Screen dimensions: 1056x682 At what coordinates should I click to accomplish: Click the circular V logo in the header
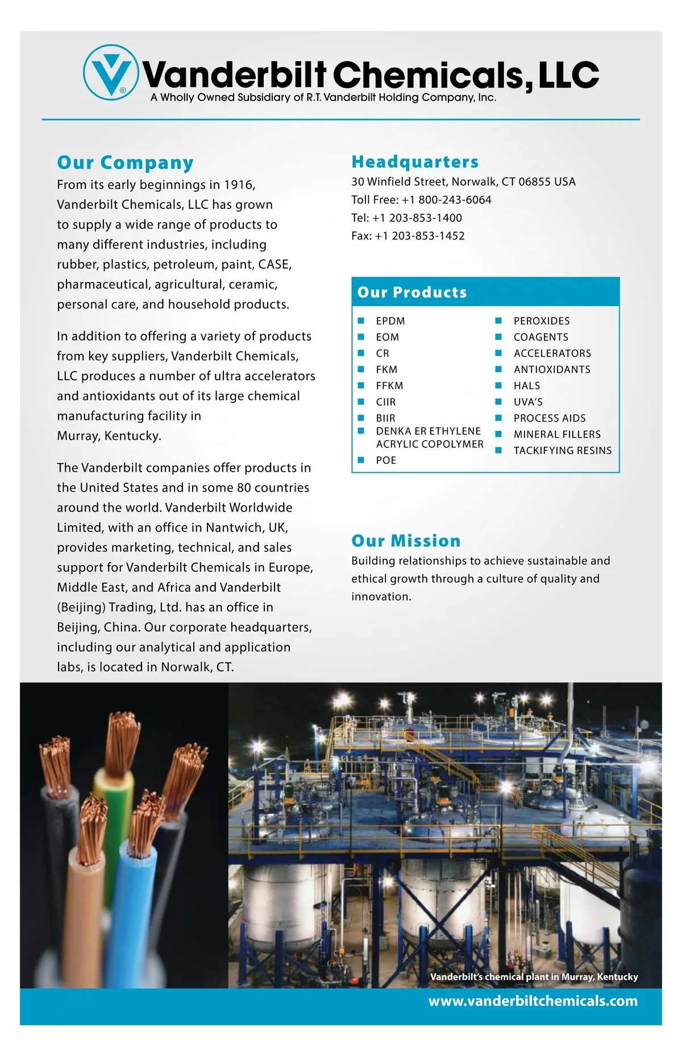[x=110, y=72]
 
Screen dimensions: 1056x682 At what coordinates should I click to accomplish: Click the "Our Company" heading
[x=125, y=163]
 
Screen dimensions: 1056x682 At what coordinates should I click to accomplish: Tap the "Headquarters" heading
[x=415, y=162]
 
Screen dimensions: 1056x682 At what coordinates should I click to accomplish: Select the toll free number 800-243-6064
[x=455, y=200]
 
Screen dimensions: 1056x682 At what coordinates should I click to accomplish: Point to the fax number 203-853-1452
[x=428, y=236]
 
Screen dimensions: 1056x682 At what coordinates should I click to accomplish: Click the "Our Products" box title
[x=412, y=292]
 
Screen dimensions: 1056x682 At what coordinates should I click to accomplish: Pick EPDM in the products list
[x=390, y=321]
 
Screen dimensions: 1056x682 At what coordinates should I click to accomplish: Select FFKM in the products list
[x=389, y=386]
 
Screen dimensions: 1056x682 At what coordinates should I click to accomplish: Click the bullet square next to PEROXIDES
[x=498, y=321]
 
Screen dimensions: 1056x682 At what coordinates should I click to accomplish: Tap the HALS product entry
[x=527, y=386]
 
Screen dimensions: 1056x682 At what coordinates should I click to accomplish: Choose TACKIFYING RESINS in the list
[x=563, y=451]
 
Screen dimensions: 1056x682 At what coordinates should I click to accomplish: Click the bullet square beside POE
[x=361, y=460]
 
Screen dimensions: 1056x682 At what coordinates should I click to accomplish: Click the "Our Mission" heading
[x=406, y=541]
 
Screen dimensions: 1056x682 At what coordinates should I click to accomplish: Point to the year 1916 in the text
[x=239, y=185]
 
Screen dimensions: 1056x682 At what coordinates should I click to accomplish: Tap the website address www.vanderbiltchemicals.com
[x=533, y=1001]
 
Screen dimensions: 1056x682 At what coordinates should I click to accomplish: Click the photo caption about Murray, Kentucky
[x=534, y=976]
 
